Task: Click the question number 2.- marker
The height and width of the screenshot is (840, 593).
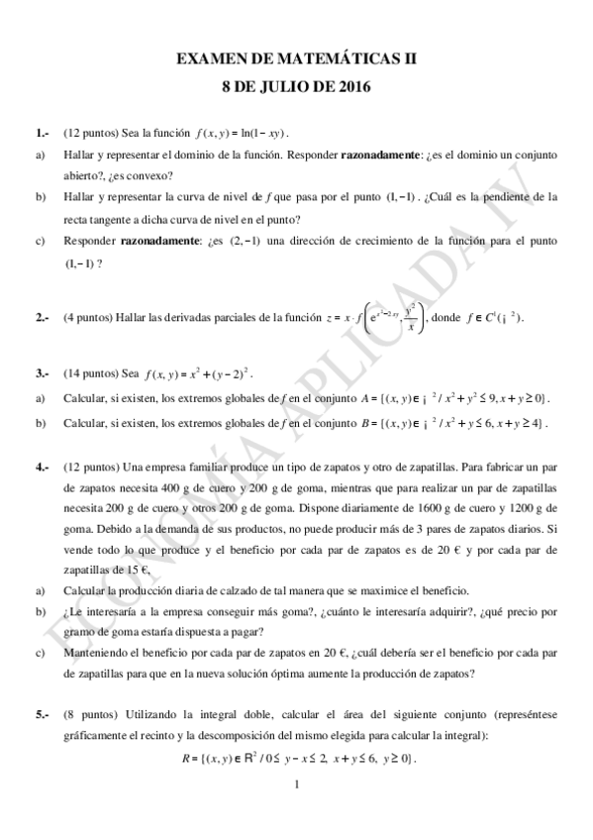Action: click(42, 317)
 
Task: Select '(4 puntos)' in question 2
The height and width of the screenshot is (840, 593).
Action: click(88, 317)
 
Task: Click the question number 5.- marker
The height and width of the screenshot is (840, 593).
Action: click(42, 714)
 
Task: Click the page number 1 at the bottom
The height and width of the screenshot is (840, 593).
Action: click(297, 788)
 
